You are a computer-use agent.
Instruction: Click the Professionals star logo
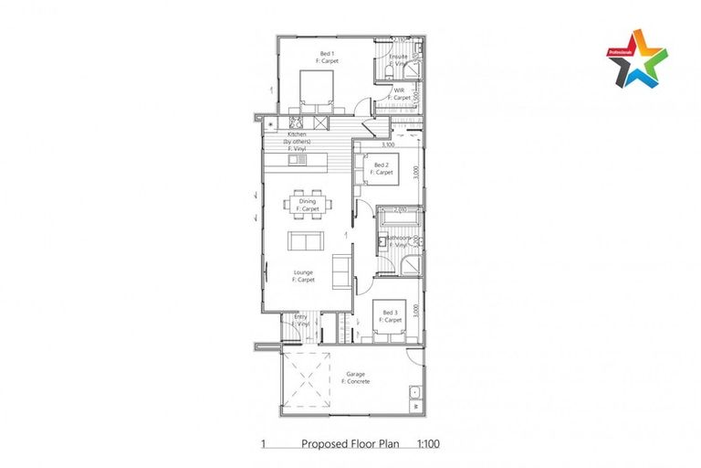(x=637, y=58)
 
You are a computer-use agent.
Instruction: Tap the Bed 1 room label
(x=326, y=57)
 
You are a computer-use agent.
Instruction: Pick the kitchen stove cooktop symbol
(x=296, y=123)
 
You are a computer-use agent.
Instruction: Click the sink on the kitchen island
(x=296, y=160)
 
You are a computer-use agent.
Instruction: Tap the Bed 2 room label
(x=382, y=168)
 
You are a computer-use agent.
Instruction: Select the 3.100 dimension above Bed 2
(x=387, y=144)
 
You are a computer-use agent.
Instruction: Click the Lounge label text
(x=303, y=275)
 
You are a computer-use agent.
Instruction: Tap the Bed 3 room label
(x=390, y=316)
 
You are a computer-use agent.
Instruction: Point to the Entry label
(x=300, y=319)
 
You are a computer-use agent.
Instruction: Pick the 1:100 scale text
(x=428, y=444)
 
